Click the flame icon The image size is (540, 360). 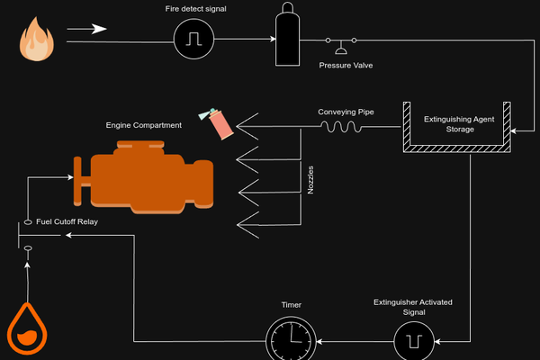coord(37,40)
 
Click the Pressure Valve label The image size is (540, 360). coord(346,66)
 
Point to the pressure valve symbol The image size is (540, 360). coord(341,46)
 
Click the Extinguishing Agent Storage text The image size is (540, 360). coord(459,124)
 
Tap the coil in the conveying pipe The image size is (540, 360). coord(341,127)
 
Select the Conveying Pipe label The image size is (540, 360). coord(346,112)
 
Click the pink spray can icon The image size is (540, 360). coord(216,123)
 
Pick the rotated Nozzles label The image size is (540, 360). coord(310,180)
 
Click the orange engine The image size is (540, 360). coord(144,176)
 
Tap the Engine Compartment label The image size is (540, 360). coord(144,125)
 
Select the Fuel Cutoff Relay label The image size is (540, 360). coord(67,221)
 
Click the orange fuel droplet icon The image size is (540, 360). coord(27,328)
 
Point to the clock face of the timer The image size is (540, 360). coord(291,341)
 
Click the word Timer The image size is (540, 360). coord(292,305)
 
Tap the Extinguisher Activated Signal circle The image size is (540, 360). coord(414,341)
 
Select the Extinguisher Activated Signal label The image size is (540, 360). coord(413,307)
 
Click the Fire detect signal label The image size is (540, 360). coord(195,9)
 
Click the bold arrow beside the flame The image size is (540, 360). coord(86,29)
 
